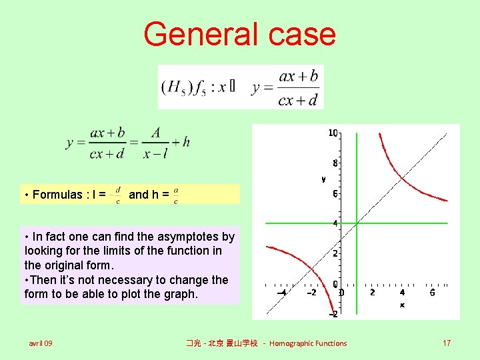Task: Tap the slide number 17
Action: (447, 343)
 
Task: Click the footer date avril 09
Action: (41, 343)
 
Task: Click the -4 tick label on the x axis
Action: (282, 292)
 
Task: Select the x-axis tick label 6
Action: (432, 292)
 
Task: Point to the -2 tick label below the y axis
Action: (332, 314)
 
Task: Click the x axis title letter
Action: (402, 305)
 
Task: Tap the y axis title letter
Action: (323, 179)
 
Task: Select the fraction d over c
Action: (118, 195)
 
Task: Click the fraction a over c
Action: (175, 195)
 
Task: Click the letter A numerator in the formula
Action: (155, 133)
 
